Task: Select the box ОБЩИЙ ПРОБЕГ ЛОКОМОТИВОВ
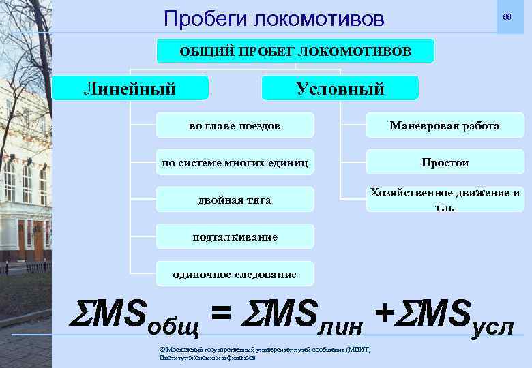point(295,51)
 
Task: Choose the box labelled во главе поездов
point(235,126)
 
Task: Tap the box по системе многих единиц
point(235,163)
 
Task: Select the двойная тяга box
point(235,200)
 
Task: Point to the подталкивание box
point(235,237)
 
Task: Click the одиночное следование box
point(235,274)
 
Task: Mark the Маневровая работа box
point(444,126)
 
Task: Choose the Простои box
point(444,163)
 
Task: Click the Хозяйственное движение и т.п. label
point(445,199)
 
